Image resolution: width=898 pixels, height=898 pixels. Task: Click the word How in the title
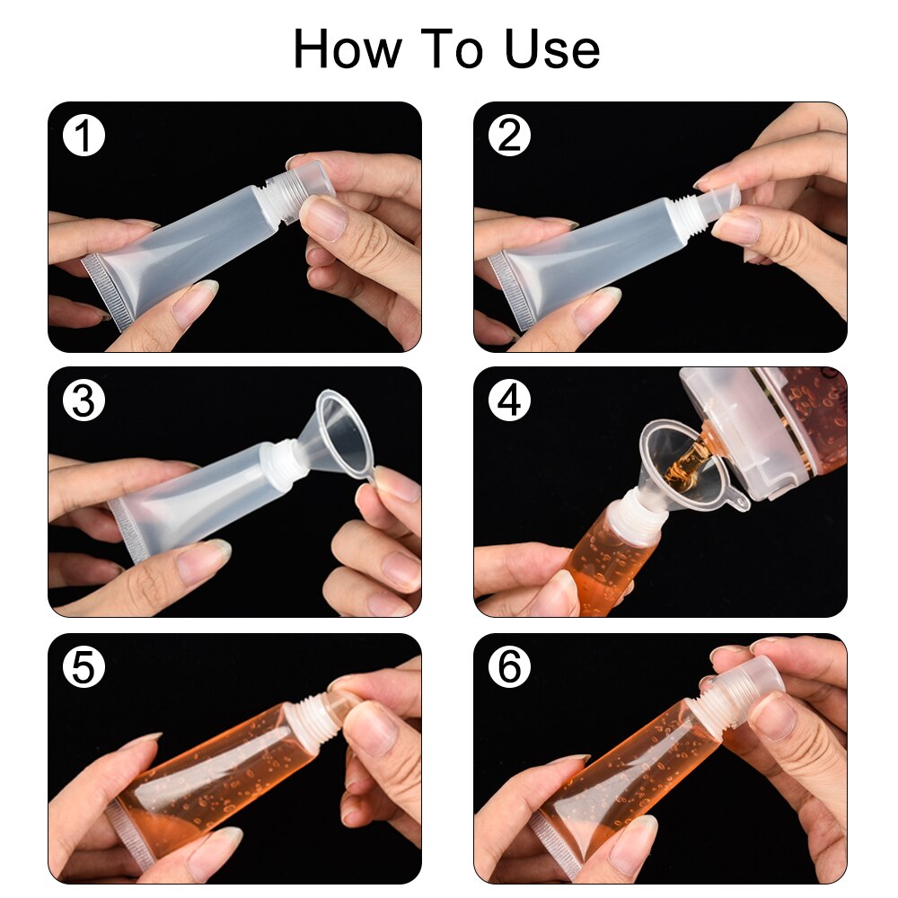(x=348, y=49)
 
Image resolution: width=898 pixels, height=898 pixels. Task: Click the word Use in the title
(x=552, y=49)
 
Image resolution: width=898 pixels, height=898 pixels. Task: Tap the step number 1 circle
(x=84, y=136)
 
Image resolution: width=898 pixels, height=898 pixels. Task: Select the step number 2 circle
(x=509, y=136)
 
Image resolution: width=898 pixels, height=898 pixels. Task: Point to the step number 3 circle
(x=84, y=401)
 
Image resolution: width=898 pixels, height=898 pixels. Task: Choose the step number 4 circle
(x=509, y=401)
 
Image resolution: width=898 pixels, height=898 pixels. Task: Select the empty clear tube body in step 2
(x=593, y=251)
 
